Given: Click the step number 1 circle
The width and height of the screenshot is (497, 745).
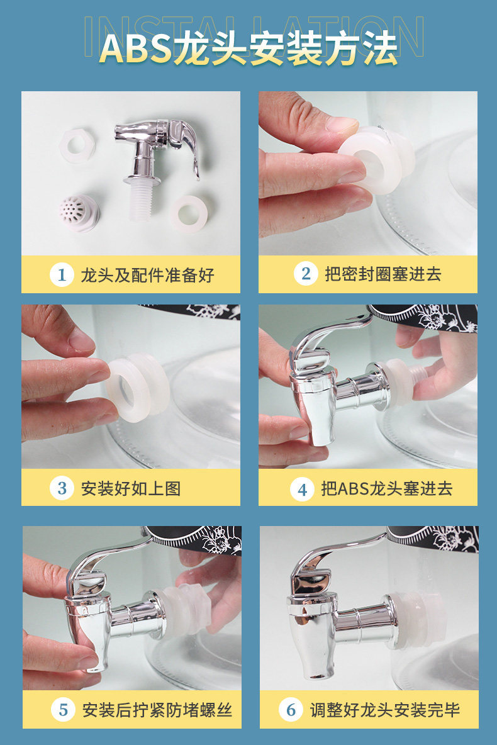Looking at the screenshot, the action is click(62, 274).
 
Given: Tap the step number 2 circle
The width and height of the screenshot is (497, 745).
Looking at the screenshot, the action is click(306, 273).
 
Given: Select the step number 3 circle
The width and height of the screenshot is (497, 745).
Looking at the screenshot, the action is click(62, 488).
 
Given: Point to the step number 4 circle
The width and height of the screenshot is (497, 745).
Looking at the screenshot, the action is click(302, 490).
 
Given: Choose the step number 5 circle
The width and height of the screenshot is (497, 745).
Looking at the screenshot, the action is click(63, 710).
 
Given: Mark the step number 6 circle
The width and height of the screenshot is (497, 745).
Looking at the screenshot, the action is click(291, 710).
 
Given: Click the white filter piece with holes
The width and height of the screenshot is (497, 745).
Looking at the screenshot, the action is click(79, 212).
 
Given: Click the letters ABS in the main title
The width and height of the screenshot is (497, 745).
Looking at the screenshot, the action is click(136, 48).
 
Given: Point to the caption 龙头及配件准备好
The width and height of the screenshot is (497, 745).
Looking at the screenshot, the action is click(147, 275).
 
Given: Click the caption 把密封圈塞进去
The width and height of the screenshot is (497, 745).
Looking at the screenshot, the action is click(383, 274).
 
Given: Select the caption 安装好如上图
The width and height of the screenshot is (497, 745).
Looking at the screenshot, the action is click(131, 488).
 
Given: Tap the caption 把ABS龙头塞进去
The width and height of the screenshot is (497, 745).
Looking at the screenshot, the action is click(387, 488).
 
